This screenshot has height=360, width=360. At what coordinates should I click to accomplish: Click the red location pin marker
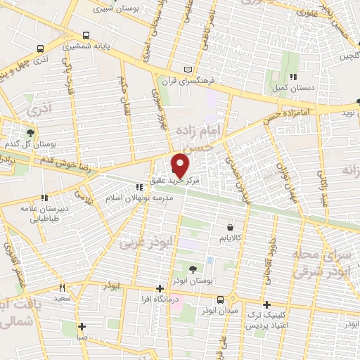pos(181,165)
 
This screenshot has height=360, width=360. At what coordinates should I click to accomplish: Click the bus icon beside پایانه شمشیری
pos(85,34)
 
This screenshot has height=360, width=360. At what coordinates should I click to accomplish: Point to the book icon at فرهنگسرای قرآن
pos(186,69)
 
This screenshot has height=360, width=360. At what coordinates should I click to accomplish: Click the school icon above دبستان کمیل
pos(292,77)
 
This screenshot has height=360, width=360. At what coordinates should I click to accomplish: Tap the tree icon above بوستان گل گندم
pos(30,132)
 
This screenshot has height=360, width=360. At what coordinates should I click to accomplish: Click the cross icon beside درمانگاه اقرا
pos(160,288)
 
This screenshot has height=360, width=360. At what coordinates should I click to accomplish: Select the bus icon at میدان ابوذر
pos(221,299)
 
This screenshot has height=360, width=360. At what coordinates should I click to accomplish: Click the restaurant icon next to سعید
pos(62,287)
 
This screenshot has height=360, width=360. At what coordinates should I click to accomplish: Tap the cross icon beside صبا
pos(82,326)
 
